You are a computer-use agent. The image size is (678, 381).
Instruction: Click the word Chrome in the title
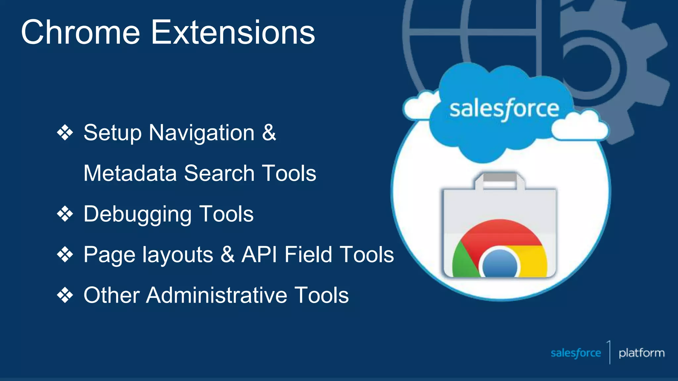80,32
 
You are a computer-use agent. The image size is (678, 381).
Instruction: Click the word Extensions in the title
233,32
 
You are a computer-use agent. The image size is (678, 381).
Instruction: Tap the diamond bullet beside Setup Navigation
65,133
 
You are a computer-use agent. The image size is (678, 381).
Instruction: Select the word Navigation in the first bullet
202,133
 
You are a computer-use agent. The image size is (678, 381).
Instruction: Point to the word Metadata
130,173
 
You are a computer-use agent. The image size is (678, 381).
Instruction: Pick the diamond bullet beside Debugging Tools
65,214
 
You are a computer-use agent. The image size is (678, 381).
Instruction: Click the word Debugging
137,214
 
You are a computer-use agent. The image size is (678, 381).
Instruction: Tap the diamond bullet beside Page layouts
65,255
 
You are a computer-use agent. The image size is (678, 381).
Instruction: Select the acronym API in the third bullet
259,255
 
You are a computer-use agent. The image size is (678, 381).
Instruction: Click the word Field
308,255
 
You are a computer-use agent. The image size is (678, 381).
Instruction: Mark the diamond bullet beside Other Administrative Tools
65,295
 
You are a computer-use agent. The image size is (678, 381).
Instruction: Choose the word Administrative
217,295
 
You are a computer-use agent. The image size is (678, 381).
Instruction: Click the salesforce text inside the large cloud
504,109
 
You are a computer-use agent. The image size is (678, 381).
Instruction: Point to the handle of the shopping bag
499,179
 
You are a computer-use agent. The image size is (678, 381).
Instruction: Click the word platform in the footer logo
642,353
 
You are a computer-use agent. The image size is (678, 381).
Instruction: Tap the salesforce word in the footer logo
576,353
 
